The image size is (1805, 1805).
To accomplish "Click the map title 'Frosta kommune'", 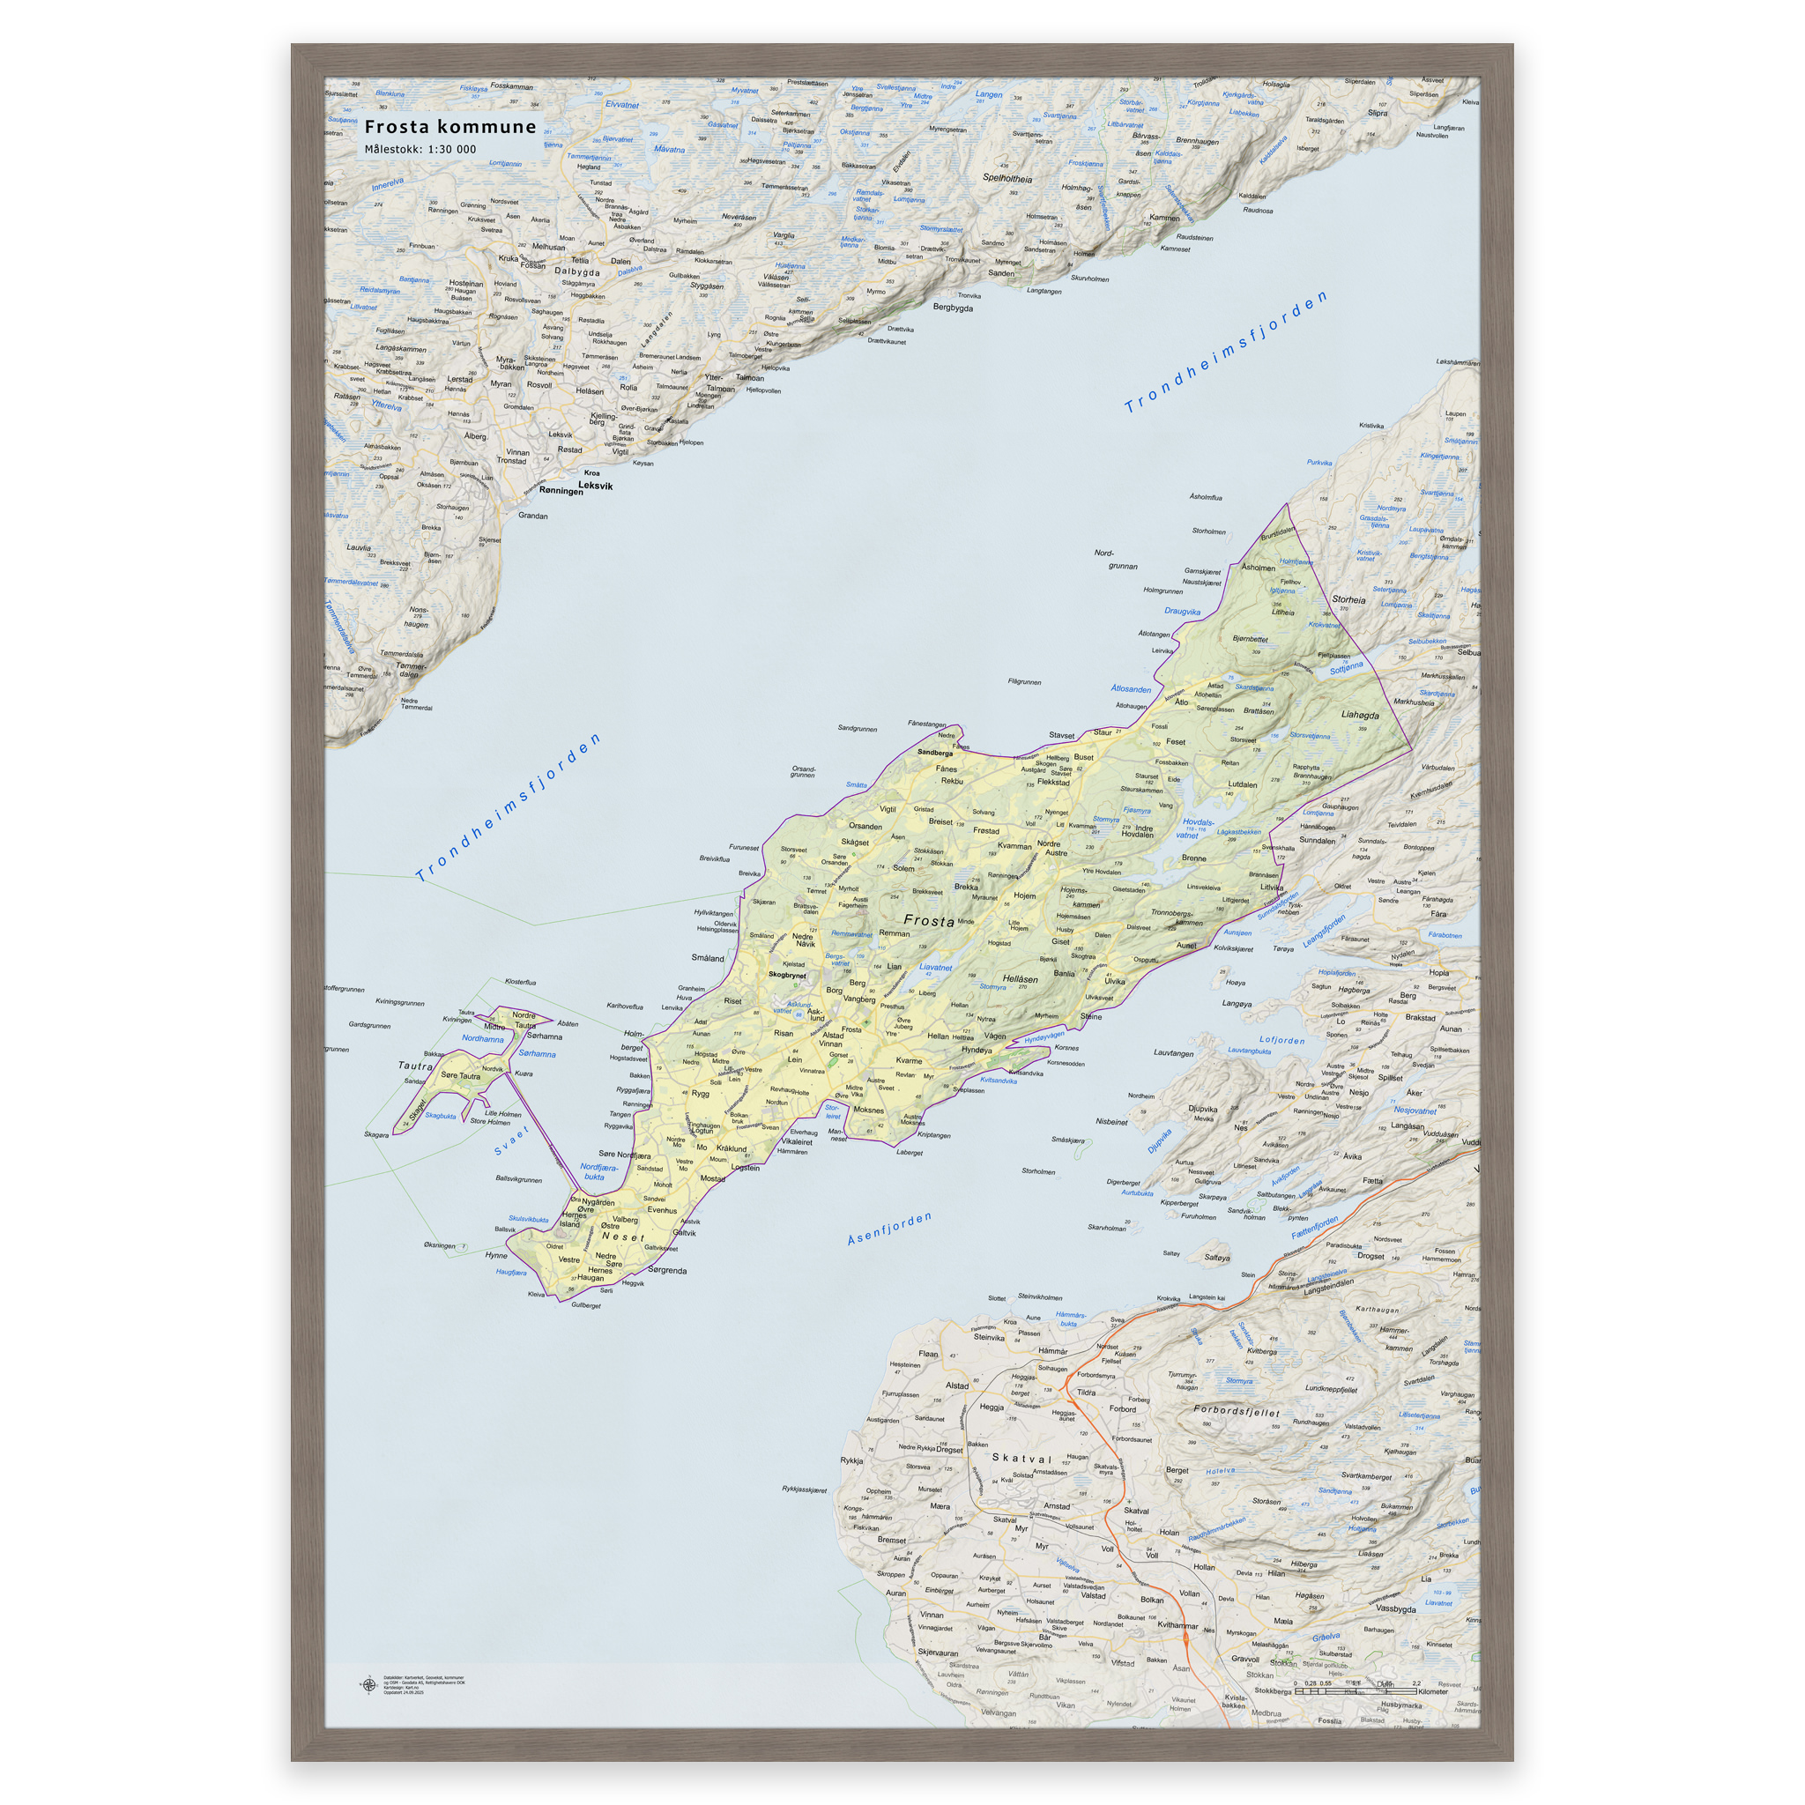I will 450,127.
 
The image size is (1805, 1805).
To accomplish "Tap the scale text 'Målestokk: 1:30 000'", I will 420,150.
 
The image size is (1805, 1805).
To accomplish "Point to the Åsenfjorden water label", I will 888,1229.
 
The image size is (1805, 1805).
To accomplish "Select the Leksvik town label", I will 595,486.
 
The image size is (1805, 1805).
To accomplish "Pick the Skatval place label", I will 1021,1459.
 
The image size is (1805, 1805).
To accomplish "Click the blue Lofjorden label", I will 1281,1040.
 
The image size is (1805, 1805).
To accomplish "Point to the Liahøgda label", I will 1360,716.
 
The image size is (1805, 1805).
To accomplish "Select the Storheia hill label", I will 1348,600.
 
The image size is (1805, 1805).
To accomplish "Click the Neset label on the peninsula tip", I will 623,1237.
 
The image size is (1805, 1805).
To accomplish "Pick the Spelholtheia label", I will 1007,178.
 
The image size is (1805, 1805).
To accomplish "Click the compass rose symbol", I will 368,1685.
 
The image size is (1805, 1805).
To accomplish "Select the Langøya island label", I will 1237,1005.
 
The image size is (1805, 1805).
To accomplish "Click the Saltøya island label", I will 1216,1258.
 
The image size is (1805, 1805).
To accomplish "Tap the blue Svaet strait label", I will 512,1140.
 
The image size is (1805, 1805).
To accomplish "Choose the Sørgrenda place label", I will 667,1271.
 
